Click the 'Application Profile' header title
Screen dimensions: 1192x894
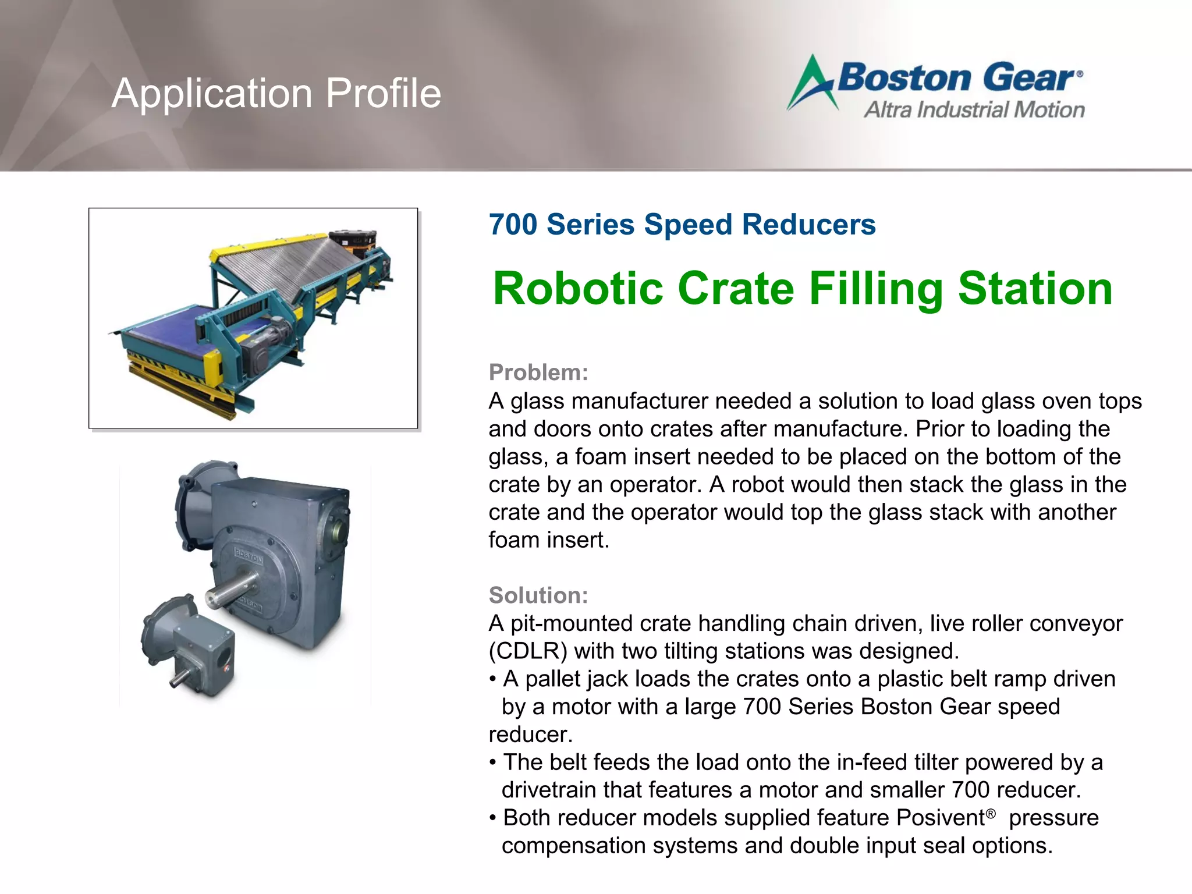pos(276,93)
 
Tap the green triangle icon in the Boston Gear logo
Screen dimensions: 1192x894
pos(811,83)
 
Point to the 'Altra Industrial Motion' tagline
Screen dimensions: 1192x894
pos(974,109)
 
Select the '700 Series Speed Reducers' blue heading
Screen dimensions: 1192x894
pos(682,225)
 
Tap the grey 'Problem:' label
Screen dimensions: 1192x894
pos(538,372)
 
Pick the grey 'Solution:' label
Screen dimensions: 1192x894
pos(538,595)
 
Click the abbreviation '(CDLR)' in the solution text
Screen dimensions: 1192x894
pos(528,651)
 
